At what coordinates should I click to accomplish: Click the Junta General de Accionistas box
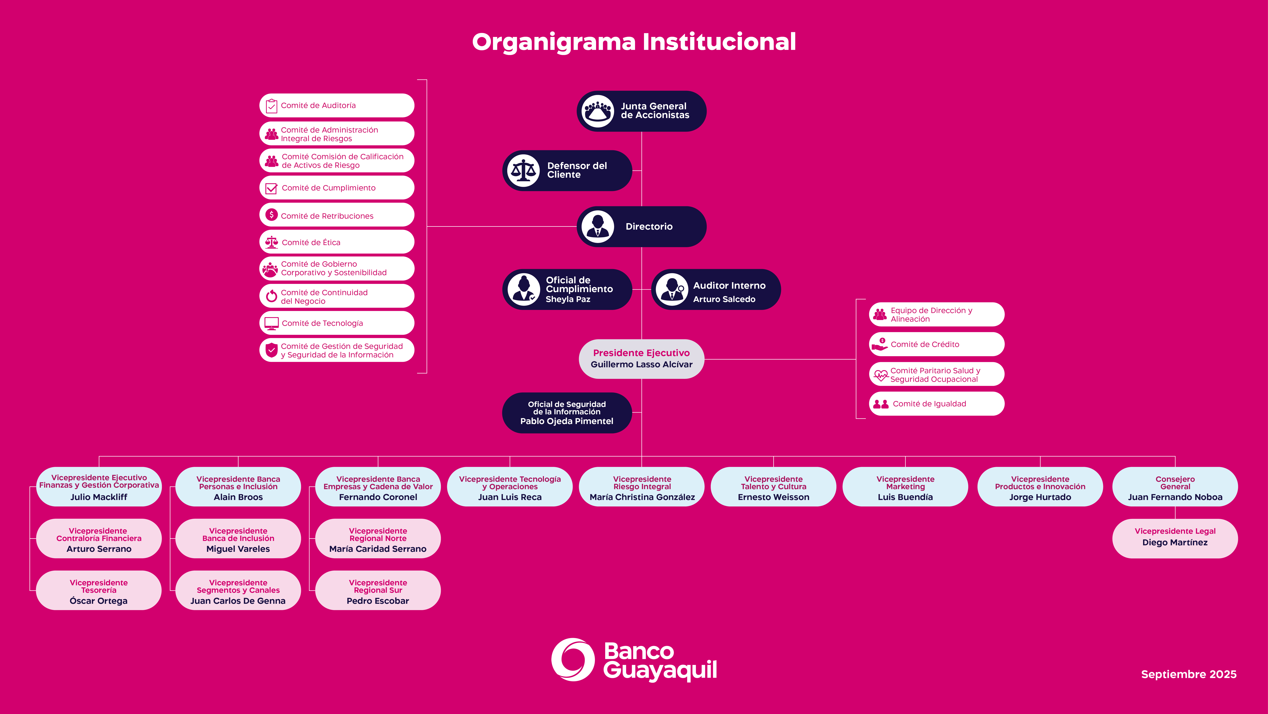point(641,111)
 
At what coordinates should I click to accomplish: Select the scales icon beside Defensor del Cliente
point(523,170)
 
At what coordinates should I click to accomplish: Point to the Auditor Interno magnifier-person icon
point(672,289)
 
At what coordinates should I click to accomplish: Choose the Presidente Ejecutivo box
point(641,359)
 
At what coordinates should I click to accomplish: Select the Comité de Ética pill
point(337,242)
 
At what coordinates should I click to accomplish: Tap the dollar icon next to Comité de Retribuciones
point(271,215)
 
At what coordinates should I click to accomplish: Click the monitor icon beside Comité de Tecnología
point(271,323)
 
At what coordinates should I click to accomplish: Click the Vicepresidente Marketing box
point(905,487)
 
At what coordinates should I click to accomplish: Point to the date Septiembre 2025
point(1188,674)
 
